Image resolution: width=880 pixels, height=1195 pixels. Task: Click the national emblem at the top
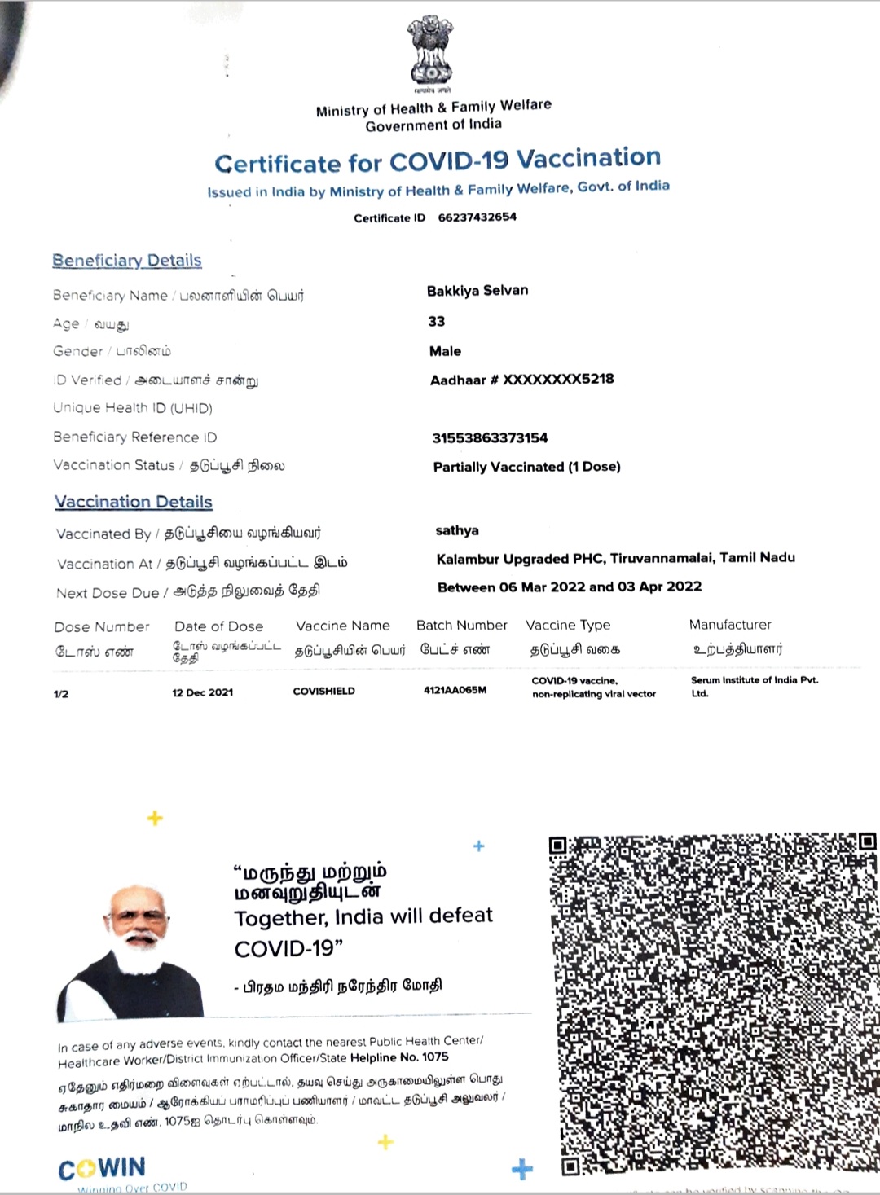coord(429,51)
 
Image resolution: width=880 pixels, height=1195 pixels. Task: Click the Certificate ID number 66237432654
coord(477,217)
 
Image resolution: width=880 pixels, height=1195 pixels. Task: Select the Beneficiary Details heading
coord(127,261)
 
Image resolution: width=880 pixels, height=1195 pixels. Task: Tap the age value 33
coord(437,321)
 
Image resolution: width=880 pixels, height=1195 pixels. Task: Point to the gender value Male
coord(445,351)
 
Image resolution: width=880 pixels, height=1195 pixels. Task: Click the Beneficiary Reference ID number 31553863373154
coord(490,438)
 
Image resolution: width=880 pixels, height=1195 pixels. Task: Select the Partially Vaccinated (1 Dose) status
coord(526,467)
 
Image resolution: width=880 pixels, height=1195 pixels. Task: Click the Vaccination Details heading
coord(134,503)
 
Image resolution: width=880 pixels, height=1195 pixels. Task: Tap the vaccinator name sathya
coord(457,531)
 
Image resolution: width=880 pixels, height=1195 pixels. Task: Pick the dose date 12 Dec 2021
coord(202,692)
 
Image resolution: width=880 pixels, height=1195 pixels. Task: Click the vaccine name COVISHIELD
coord(323,692)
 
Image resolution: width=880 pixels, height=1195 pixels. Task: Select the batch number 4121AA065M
coord(455,690)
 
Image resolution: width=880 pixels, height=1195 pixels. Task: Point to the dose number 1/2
coord(61,694)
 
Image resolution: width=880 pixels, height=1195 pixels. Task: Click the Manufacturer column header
coord(730,625)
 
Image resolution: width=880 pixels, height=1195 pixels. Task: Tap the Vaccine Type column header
coord(568,626)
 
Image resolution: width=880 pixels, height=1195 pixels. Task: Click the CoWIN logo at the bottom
coord(102,1169)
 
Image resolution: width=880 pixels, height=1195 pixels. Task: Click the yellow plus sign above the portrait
coord(155,818)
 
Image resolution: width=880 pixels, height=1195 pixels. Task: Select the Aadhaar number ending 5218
coord(522,380)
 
